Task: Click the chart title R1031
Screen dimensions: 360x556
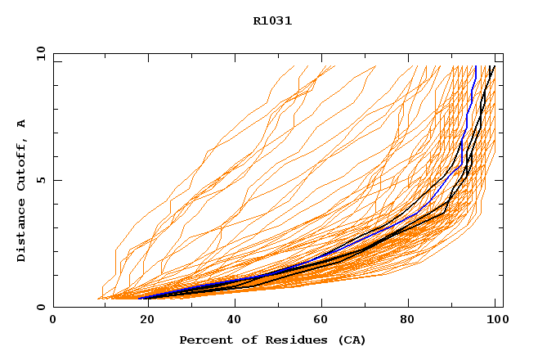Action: click(x=272, y=21)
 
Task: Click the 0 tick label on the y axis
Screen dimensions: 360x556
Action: click(x=40, y=308)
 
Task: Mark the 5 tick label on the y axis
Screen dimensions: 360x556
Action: click(x=40, y=180)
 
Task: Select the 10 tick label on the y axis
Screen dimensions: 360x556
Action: click(x=40, y=53)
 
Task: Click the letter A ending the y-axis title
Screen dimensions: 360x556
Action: click(x=22, y=123)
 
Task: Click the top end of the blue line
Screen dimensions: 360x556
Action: click(x=475, y=66)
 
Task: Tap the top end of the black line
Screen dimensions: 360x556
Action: click(x=493, y=66)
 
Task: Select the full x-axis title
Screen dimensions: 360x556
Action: click(x=272, y=340)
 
